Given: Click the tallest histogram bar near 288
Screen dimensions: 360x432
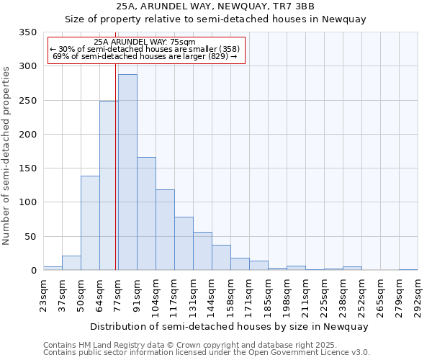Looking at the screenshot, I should [127, 173].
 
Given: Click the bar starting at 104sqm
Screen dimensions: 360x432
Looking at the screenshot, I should [165, 230].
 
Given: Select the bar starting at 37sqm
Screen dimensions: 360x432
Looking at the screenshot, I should [71, 264].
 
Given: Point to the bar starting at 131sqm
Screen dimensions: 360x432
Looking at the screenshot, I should [202, 251].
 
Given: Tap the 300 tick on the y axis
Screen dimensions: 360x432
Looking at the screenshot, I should [27, 66].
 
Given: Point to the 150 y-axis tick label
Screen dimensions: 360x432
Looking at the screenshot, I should [27, 168].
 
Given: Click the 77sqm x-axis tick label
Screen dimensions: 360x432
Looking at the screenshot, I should [118, 296].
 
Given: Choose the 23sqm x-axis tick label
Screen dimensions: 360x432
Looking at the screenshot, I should [43, 296].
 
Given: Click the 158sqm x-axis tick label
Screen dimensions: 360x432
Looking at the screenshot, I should [230, 296].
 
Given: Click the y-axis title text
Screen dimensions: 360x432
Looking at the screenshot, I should [7, 156].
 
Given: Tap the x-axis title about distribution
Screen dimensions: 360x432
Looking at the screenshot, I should [230, 326].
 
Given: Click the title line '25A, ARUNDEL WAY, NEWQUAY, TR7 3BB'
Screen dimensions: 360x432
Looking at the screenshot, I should [216, 6].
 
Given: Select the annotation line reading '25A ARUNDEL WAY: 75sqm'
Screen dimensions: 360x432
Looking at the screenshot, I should [145, 42].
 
